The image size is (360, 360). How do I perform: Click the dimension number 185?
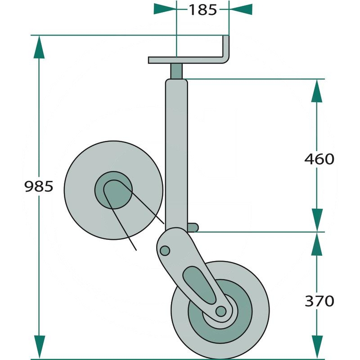point(202,9)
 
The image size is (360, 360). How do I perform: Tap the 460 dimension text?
point(319,159)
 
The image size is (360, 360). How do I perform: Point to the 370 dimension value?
point(319,301)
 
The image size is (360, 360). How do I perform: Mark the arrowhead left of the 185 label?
point(165,9)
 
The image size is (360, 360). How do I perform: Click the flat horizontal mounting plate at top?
point(184,60)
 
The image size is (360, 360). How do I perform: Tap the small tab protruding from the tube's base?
point(193,226)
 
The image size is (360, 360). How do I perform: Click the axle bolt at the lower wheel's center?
point(220,311)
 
